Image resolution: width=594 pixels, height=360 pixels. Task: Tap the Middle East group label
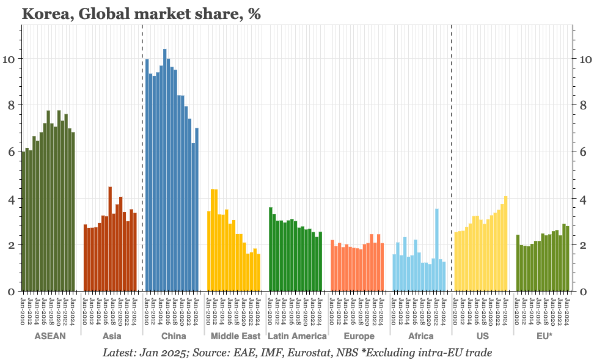tap(235, 336)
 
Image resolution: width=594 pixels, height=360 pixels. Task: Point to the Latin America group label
tap(297, 336)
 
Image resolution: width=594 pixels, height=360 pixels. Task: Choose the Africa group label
tap(420, 336)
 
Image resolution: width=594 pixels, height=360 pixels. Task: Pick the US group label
tap(482, 336)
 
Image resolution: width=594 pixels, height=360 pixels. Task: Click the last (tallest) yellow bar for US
tap(505, 244)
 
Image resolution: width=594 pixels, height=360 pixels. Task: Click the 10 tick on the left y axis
tap(11, 59)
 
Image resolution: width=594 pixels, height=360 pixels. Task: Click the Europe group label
tap(359, 336)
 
